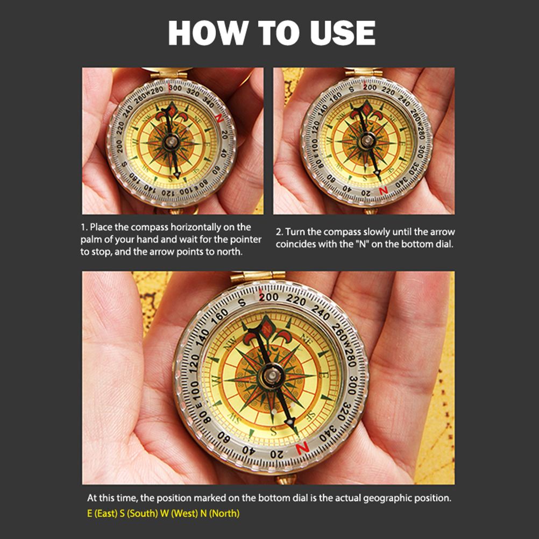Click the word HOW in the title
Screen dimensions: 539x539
[208, 33]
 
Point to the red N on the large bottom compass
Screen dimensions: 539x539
[302, 448]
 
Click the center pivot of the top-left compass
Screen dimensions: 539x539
[171, 141]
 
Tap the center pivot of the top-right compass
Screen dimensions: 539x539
[367, 140]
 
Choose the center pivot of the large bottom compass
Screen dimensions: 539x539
[272, 375]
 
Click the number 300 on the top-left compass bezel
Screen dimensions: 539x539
[175, 88]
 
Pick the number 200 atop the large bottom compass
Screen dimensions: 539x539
[269, 297]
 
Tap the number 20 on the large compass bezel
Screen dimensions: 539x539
[277, 455]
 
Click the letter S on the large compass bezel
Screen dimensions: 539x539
[242, 302]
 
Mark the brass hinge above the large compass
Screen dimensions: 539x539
[258, 276]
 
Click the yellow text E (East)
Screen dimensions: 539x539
[102, 514]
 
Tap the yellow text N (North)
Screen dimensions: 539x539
[219, 514]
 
